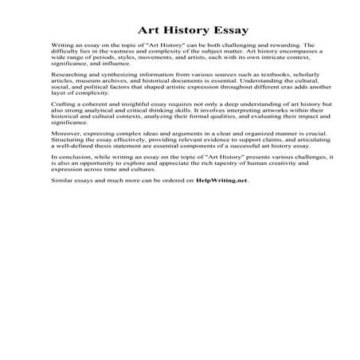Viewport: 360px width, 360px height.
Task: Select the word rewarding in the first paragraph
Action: (x=284, y=47)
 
